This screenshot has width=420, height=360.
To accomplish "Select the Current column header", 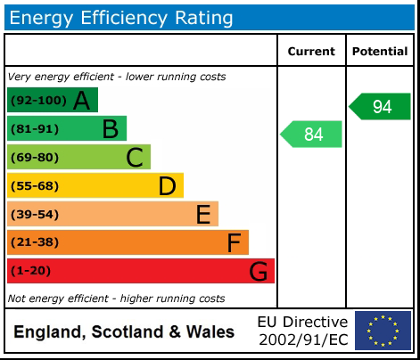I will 311,52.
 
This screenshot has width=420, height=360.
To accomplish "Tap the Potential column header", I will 380,52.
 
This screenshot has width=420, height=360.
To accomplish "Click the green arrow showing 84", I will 312,135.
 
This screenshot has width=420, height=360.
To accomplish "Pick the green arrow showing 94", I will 380,106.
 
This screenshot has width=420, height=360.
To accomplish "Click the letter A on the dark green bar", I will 81,101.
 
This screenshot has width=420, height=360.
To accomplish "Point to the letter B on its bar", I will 110,129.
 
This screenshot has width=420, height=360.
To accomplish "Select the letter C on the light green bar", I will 135,158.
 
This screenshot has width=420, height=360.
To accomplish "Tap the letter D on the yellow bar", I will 167,186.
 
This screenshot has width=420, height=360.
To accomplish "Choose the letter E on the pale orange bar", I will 202,215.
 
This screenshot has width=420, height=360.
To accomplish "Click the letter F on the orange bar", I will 234,242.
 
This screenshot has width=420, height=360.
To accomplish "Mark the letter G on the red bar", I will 259,271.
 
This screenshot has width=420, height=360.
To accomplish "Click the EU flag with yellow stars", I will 383,331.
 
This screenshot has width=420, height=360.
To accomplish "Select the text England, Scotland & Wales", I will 124,332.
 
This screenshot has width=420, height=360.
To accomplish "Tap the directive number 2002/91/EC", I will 303,340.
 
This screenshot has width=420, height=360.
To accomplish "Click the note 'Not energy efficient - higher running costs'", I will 116,299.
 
